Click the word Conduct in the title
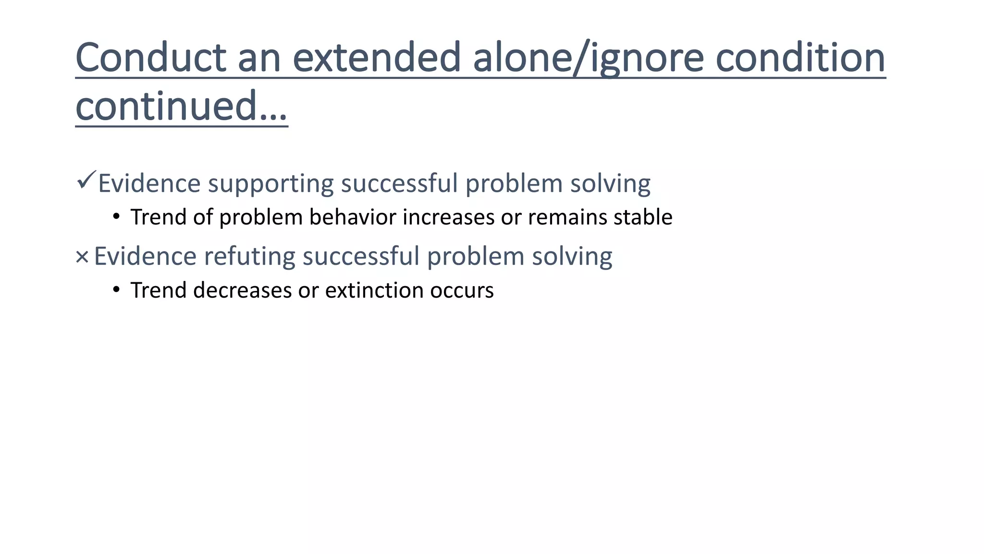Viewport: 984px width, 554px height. click(x=151, y=58)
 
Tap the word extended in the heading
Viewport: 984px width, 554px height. click(x=377, y=58)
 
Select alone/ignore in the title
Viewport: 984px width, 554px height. click(x=588, y=59)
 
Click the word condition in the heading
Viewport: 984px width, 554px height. click(x=800, y=58)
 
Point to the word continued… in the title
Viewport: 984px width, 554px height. click(x=181, y=106)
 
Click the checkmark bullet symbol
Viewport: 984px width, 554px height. click(x=86, y=180)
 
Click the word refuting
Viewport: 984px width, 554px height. click(x=249, y=256)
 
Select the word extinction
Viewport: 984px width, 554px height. click(x=374, y=290)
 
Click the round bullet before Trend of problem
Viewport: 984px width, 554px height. click(x=116, y=217)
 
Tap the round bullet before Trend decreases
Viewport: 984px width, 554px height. click(x=116, y=290)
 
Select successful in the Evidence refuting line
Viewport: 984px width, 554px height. click(x=361, y=256)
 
